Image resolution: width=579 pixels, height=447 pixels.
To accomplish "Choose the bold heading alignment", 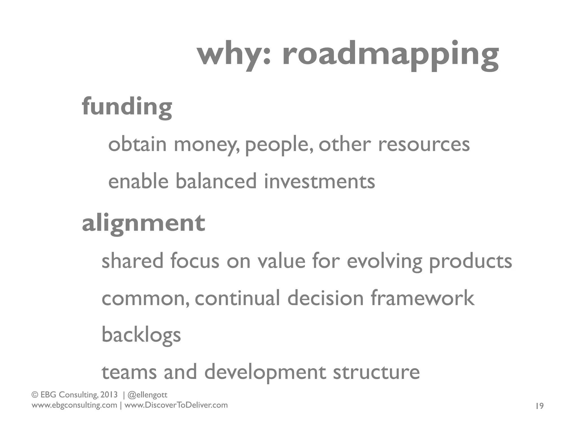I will pyautogui.click(x=143, y=223).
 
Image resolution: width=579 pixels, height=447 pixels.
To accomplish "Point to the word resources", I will pyautogui.click(x=424, y=145).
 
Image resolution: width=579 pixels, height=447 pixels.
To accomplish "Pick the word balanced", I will pyautogui.click(x=216, y=181).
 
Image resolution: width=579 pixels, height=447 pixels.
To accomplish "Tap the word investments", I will pyautogui.click(x=319, y=181).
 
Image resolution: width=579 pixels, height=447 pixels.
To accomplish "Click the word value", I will pyautogui.click(x=281, y=261).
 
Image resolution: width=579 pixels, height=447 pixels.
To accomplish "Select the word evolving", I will pyautogui.click(x=384, y=261).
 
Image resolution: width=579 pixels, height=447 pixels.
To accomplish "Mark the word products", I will pyautogui.click(x=470, y=261).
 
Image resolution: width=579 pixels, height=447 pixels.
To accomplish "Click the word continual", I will pyautogui.click(x=237, y=298).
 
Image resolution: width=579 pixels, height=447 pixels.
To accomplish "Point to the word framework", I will pyautogui.click(x=422, y=298).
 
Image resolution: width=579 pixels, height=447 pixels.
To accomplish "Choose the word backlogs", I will pyautogui.click(x=141, y=335).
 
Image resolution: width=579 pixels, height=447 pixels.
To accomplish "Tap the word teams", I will pyautogui.click(x=129, y=372).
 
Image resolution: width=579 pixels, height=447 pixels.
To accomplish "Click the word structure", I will pyautogui.click(x=376, y=372).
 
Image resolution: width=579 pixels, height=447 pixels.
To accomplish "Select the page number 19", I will pyautogui.click(x=539, y=406).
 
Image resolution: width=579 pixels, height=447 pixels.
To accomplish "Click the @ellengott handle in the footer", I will pyautogui.click(x=148, y=395).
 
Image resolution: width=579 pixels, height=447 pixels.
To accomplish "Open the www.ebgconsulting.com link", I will pyautogui.click(x=74, y=405).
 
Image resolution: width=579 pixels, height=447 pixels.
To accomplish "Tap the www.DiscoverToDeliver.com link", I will pyautogui.click(x=176, y=405).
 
